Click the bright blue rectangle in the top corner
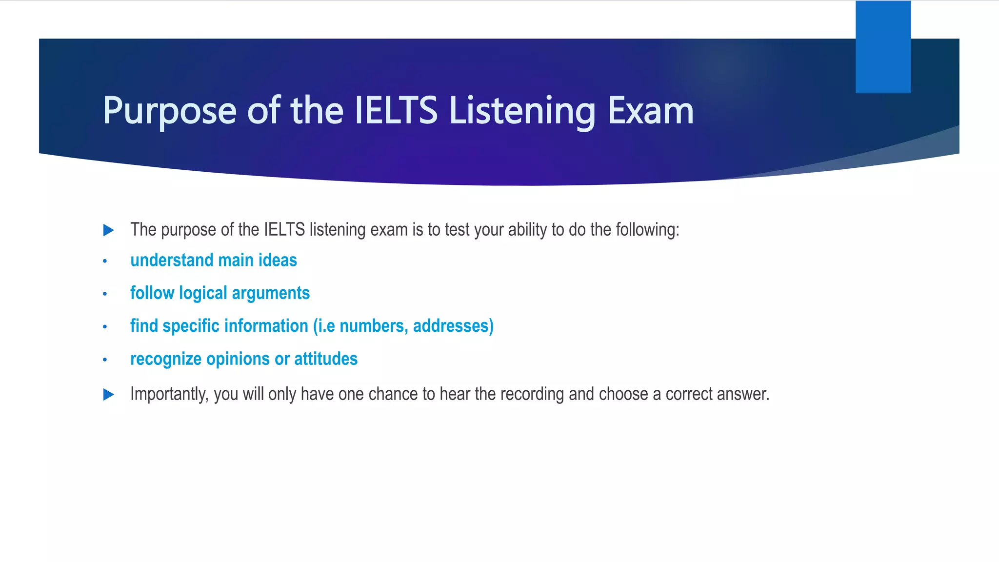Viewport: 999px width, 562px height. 883,47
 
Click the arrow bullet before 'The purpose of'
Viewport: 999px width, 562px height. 109,230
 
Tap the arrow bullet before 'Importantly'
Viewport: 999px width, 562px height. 109,395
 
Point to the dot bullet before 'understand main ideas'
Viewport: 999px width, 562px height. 105,261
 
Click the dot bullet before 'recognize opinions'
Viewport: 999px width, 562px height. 105,360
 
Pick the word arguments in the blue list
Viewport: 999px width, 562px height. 271,293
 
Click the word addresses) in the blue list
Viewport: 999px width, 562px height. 453,326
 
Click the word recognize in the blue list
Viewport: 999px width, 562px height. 166,359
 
